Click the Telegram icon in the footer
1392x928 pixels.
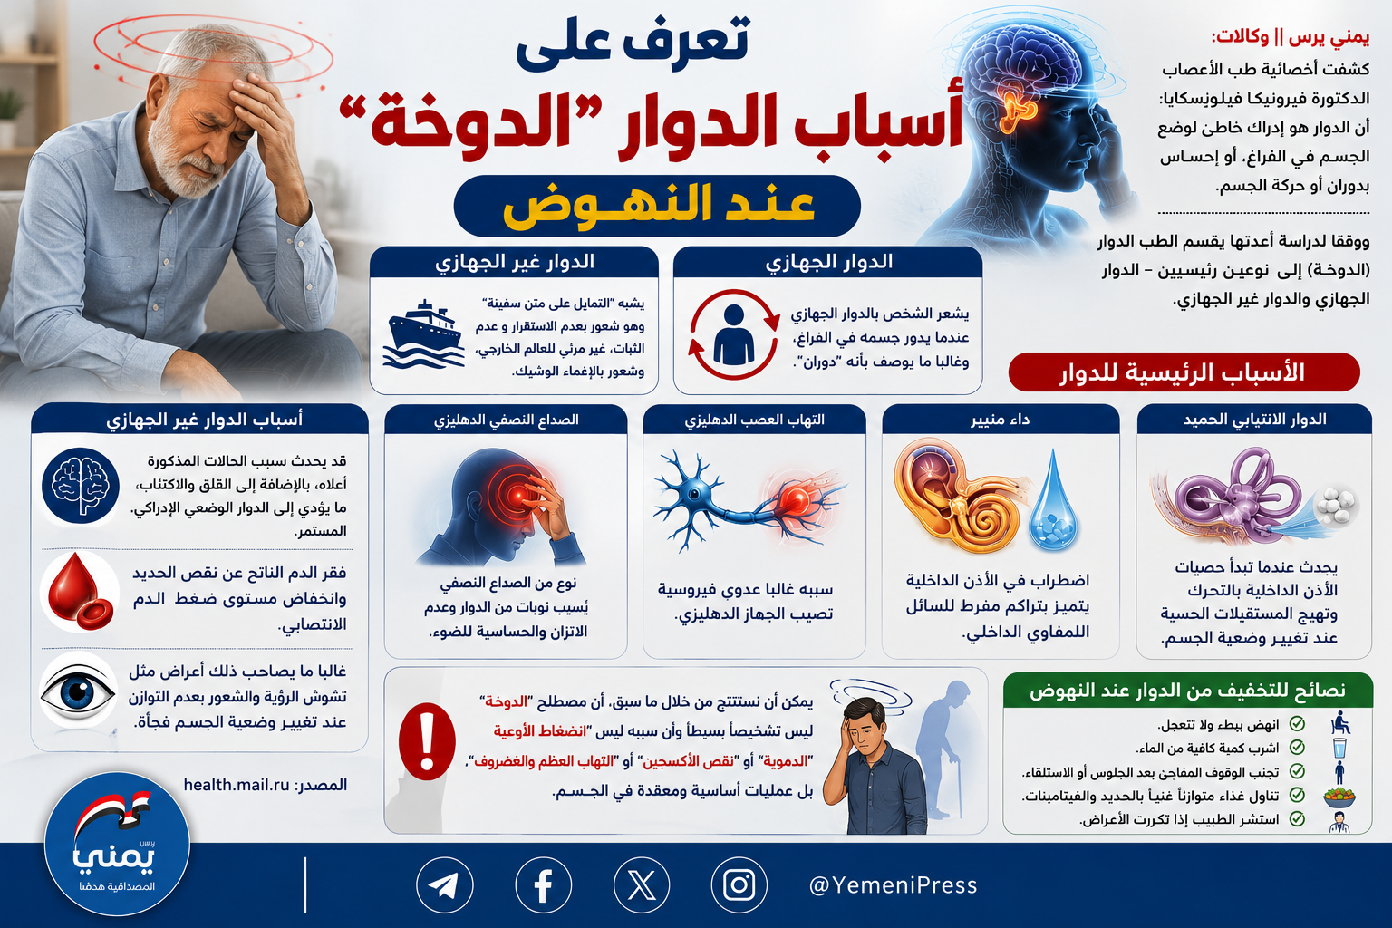(x=444, y=885)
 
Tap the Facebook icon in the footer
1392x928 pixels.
(x=543, y=885)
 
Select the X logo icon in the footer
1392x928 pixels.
(x=642, y=885)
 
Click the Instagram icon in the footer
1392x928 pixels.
(x=739, y=885)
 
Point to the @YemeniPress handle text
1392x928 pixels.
(x=893, y=885)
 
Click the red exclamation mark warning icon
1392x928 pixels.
(x=427, y=741)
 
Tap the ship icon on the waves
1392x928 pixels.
(x=424, y=334)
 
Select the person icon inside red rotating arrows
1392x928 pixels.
(x=734, y=334)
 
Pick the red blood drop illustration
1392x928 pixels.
(x=80, y=591)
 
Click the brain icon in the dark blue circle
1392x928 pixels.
(x=80, y=486)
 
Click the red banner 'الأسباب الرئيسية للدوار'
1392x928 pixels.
(x=1184, y=372)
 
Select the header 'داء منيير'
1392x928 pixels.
(x=1000, y=420)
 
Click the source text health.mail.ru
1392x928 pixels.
(x=237, y=785)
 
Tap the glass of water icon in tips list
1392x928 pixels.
(x=1339, y=748)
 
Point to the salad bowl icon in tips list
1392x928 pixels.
(x=1339, y=797)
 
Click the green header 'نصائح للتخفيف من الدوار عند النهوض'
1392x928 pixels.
(x=1187, y=691)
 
